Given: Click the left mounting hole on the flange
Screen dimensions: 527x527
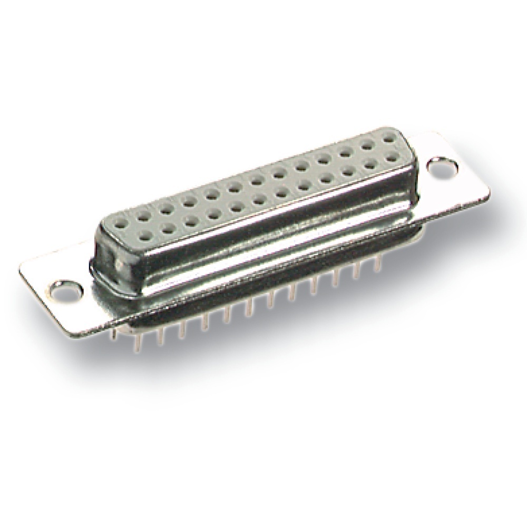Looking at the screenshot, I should [x=69, y=289].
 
